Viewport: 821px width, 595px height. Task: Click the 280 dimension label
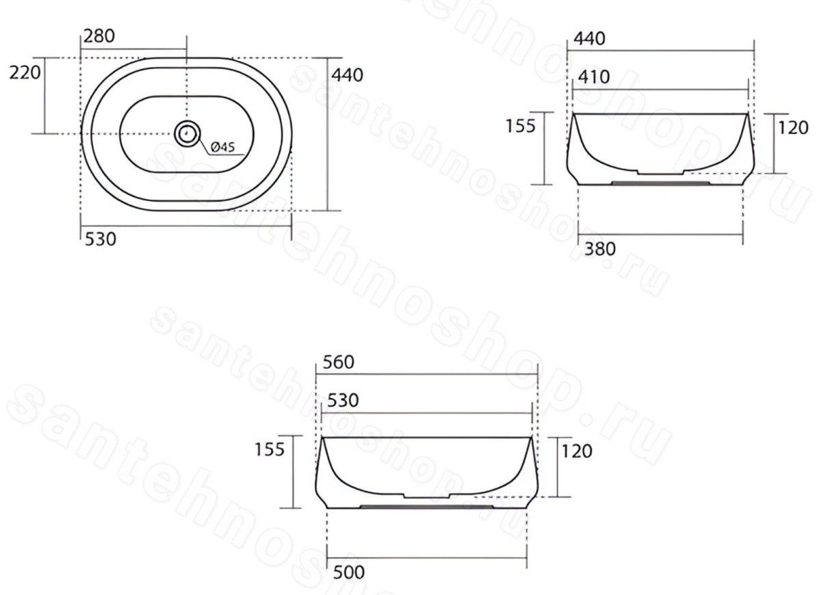coord(99,36)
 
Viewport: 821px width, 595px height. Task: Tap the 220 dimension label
coord(25,72)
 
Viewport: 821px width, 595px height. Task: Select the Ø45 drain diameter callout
coord(223,147)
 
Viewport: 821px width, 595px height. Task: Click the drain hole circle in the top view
coord(187,133)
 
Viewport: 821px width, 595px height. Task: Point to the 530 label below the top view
coord(101,239)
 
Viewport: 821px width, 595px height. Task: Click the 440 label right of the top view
coord(347,75)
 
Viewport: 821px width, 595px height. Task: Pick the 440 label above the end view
coord(589,39)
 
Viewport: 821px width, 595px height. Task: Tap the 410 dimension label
coord(594,77)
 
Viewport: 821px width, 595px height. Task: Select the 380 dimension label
coord(599,249)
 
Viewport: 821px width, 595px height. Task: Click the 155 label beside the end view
coord(521,126)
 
